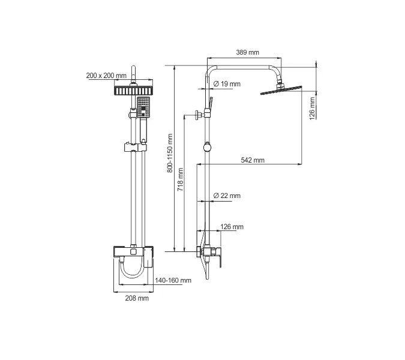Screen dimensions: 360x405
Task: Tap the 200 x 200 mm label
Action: tap(106, 76)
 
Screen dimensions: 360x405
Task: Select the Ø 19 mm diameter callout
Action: tap(227, 84)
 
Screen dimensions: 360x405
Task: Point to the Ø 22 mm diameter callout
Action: tap(227, 196)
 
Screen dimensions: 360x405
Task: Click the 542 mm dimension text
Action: tap(252, 160)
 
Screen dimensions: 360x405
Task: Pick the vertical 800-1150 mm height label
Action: tap(170, 154)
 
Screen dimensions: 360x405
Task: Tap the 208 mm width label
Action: tap(136, 298)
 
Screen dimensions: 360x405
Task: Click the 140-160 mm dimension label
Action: tap(173, 280)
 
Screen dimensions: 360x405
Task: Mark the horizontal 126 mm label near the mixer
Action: tap(232, 227)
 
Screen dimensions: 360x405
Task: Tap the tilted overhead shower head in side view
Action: tap(281, 91)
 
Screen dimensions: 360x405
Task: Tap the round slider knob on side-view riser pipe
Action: tap(206, 146)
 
